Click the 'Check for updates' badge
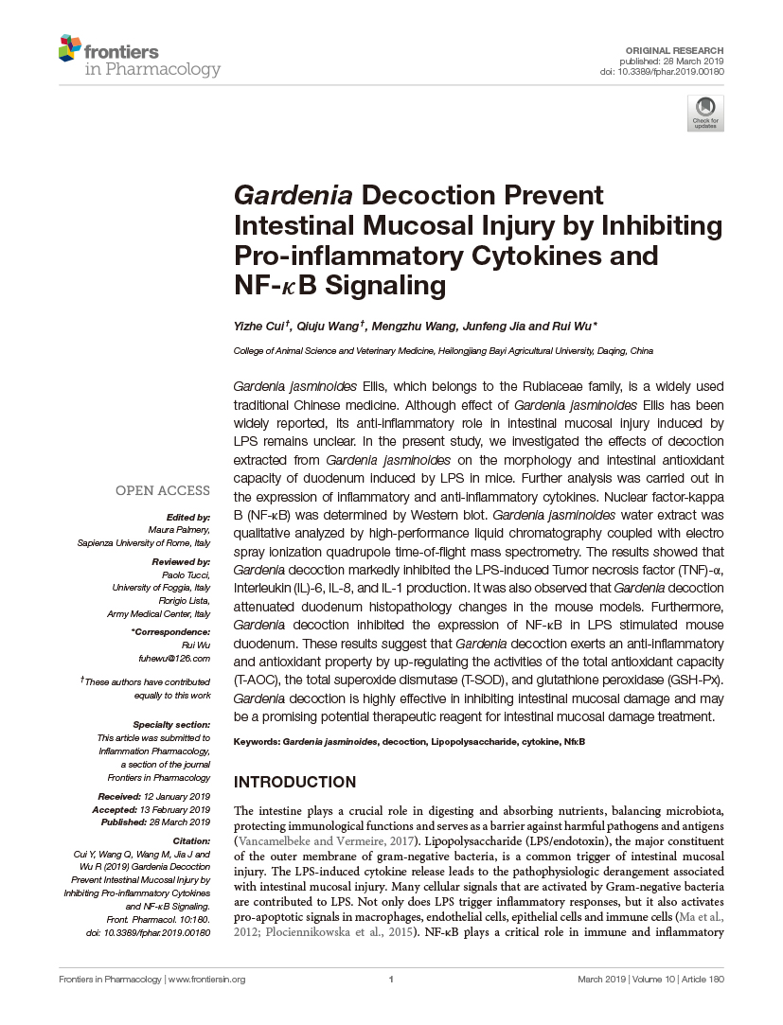click(705, 113)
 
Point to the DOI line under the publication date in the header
click(663, 72)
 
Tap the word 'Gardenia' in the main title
click(293, 196)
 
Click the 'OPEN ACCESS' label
click(162, 490)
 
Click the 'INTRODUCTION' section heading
click(294, 783)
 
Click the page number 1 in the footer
click(391, 980)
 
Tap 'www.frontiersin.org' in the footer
click(205, 980)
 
